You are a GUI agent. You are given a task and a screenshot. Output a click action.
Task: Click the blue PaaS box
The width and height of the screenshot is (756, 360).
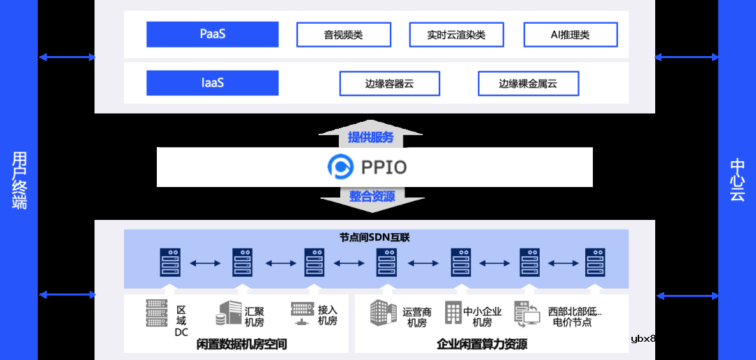click(212, 34)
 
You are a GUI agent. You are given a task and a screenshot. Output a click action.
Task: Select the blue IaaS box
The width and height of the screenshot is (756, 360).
click(212, 83)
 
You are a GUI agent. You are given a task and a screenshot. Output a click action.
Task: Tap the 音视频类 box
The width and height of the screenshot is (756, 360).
click(343, 34)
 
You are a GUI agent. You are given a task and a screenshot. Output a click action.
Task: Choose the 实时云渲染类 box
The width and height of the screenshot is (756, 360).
click(456, 34)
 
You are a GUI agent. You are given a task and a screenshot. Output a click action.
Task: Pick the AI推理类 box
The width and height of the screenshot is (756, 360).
click(570, 34)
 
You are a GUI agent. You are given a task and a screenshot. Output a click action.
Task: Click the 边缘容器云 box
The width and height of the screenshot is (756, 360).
click(389, 83)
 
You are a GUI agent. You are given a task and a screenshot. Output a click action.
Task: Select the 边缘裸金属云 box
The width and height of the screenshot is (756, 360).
click(528, 83)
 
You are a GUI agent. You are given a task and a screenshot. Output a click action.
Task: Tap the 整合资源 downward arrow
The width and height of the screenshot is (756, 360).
click(372, 198)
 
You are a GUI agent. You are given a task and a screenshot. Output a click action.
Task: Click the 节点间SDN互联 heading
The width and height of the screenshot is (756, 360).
click(374, 237)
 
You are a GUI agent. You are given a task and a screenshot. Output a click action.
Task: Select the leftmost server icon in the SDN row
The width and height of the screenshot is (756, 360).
click(170, 263)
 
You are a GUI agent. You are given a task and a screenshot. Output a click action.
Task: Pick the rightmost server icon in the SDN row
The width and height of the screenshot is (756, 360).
click(595, 263)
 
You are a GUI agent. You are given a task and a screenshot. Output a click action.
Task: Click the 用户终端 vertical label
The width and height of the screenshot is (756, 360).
click(19, 180)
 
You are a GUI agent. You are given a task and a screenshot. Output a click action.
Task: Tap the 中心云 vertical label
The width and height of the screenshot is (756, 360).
click(737, 180)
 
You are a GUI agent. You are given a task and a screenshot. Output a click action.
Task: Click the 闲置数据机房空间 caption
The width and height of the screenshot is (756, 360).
click(242, 344)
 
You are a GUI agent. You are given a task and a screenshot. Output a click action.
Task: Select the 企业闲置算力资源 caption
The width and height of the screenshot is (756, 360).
click(482, 344)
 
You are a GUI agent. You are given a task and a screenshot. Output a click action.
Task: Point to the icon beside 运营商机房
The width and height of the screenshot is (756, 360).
click(383, 313)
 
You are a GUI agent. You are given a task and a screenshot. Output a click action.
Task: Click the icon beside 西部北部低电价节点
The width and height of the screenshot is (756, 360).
click(526, 314)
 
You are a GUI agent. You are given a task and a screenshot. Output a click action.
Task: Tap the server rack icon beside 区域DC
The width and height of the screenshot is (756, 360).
click(157, 313)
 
